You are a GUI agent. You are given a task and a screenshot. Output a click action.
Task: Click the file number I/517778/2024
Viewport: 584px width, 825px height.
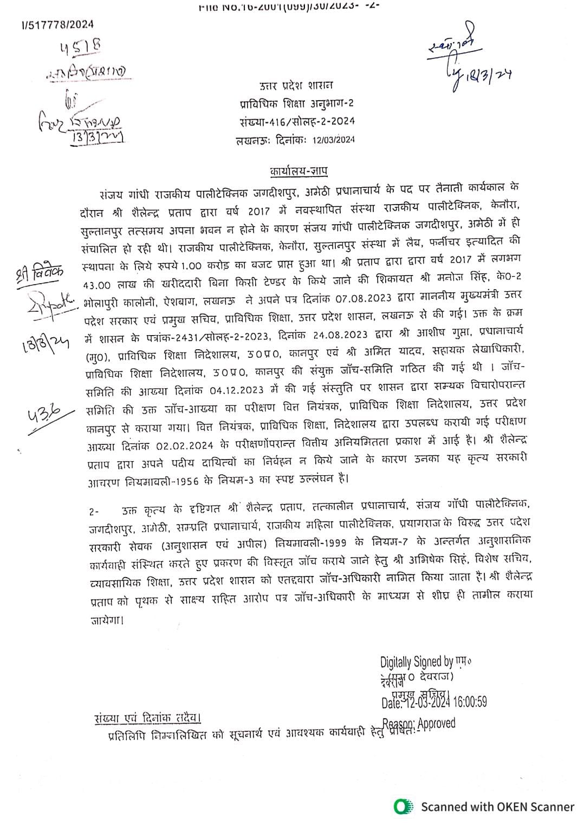(58, 24)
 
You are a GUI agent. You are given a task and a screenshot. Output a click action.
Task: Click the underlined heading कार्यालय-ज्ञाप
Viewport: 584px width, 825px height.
(299, 172)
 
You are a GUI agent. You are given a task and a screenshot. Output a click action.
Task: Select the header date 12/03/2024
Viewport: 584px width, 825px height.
(333, 140)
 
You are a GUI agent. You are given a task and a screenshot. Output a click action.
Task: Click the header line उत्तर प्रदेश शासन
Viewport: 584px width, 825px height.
(296, 85)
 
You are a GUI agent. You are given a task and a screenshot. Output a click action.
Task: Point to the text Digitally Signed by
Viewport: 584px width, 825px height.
(416, 662)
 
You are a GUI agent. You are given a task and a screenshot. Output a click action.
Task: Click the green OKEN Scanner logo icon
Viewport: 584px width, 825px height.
(401, 806)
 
